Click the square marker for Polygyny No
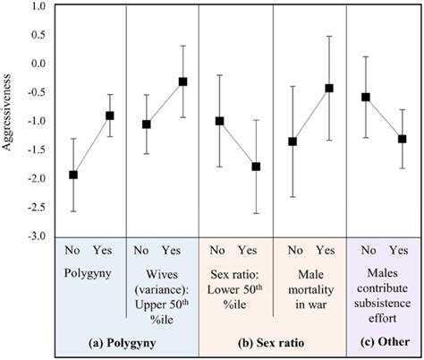tap(73, 175)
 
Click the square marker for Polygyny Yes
tap(110, 116)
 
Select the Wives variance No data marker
tap(147, 124)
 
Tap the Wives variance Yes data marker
tap(183, 81)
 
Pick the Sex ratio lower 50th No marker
tap(219, 121)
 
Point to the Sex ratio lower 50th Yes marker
tap(256, 167)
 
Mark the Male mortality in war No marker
tap(293, 141)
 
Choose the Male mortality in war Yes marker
tap(329, 88)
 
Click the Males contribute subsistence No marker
tap(365, 97)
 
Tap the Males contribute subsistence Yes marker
tap(402, 139)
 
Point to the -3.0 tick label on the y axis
tap(35, 236)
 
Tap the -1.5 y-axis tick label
tap(35, 150)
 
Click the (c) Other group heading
tap(383, 341)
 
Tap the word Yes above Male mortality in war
tap(326, 251)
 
